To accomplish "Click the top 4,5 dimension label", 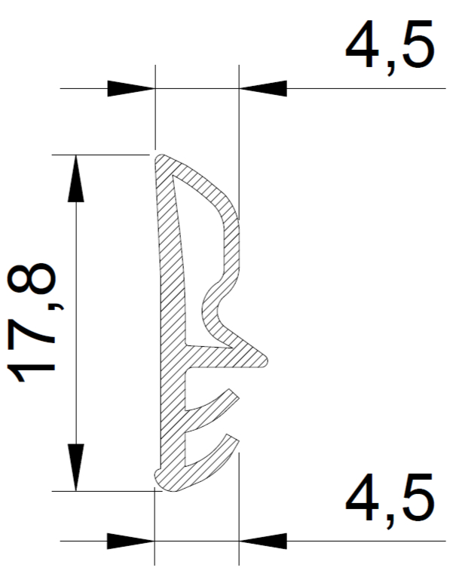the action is (390, 46).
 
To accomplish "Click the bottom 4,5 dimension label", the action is (390, 500).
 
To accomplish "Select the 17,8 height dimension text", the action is (31, 323).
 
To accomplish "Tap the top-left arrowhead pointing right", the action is (131, 89).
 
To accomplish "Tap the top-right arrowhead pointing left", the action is (262, 89).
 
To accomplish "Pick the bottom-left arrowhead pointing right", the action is (131, 542).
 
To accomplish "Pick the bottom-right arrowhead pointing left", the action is (262, 542).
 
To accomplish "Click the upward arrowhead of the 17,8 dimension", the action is (76, 179).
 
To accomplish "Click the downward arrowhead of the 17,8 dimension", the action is (76, 468).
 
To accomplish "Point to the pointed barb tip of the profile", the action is (266, 359).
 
